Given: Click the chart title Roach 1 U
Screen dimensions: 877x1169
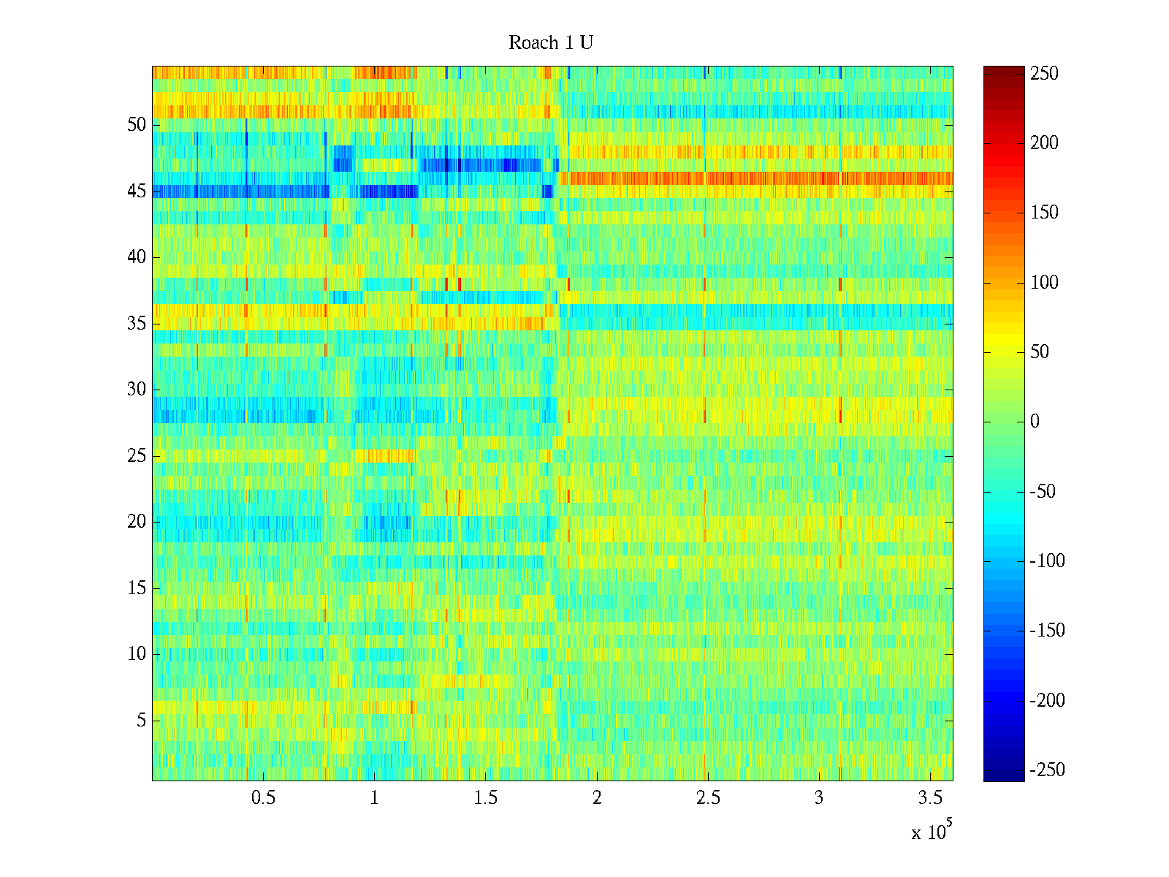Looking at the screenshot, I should click(x=550, y=43).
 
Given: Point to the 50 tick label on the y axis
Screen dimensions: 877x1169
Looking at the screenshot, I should click(x=137, y=125).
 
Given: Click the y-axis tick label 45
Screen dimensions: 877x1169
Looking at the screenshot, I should click(x=137, y=191).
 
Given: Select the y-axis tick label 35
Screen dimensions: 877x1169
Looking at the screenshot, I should click(x=137, y=324).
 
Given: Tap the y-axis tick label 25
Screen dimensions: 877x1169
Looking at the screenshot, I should click(x=137, y=456).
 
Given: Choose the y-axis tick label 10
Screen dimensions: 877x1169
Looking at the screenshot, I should click(x=137, y=654).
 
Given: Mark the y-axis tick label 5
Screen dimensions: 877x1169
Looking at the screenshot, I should click(x=141, y=721).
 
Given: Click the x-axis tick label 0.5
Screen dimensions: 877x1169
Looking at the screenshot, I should click(x=263, y=798).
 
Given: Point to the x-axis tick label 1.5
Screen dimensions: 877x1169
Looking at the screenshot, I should click(x=485, y=798).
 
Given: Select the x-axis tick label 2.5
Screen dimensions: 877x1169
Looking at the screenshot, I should click(x=708, y=798).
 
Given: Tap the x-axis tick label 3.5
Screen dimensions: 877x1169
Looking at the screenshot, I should click(x=930, y=798).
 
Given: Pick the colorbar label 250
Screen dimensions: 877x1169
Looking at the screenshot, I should click(x=1044, y=74).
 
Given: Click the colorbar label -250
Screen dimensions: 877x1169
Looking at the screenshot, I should click(x=1047, y=770).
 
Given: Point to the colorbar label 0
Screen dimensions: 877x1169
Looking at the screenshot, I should click(x=1035, y=422).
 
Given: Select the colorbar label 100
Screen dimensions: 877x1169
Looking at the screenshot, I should click(x=1044, y=283).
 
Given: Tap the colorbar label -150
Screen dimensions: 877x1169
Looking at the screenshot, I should click(x=1047, y=631).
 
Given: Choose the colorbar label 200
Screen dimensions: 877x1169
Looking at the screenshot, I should click(x=1044, y=143).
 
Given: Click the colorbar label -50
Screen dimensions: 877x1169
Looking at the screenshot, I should click(x=1043, y=492).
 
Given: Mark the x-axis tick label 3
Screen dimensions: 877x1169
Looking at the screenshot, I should click(x=819, y=798).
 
